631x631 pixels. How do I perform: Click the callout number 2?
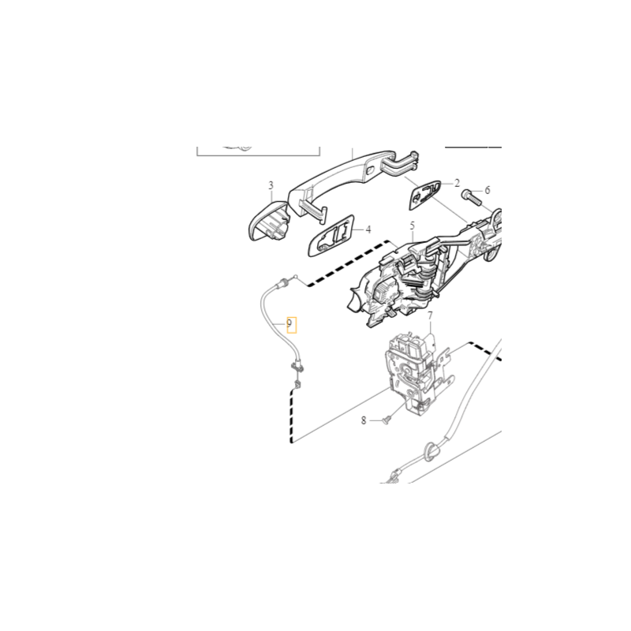pyautogui.click(x=457, y=184)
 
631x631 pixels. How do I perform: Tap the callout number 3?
pyautogui.click(x=271, y=185)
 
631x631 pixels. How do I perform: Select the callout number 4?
pyautogui.click(x=368, y=230)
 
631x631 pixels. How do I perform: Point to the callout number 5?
pyautogui.click(x=412, y=226)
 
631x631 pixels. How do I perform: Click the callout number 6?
pyautogui.click(x=487, y=190)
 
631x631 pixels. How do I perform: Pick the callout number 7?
pyautogui.click(x=430, y=316)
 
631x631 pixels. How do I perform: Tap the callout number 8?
pyautogui.click(x=364, y=420)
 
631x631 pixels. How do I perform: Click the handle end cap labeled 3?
pyautogui.click(x=269, y=221)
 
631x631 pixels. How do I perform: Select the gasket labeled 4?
pyautogui.click(x=331, y=236)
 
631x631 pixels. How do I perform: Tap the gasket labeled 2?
pyautogui.click(x=425, y=195)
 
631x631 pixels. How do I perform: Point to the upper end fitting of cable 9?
pyautogui.click(x=282, y=283)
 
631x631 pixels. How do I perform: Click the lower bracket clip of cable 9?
pyautogui.click(x=297, y=366)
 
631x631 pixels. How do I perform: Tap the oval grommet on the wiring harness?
pyautogui.click(x=431, y=452)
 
